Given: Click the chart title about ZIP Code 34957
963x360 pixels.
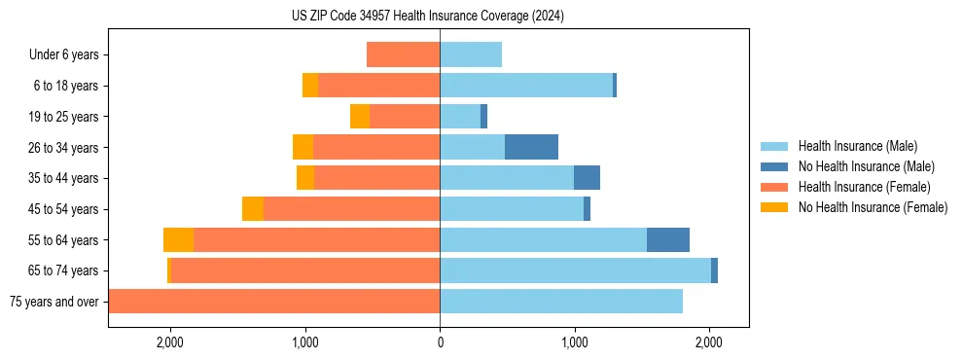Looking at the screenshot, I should coord(427,17).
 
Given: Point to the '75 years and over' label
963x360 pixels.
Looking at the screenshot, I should coord(53,302).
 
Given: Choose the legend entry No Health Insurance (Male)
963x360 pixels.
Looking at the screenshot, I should coord(866,167).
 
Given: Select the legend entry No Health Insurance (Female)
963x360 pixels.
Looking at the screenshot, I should coord(873,207).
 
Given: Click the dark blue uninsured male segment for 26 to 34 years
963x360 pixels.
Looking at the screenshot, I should coord(531,147).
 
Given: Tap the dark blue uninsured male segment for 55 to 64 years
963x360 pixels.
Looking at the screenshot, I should coord(668,239).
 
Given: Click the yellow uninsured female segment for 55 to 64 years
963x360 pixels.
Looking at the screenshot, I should coord(178,239).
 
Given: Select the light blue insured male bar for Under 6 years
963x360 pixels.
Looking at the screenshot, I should coord(471,54).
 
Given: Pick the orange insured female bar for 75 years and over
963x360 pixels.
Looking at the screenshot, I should coord(274,302).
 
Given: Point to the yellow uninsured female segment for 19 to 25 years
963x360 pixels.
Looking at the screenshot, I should coord(360,117).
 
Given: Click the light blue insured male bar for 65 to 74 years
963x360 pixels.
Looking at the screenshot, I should coord(575,270).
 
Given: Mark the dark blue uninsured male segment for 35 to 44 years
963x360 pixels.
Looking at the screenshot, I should coord(587,178).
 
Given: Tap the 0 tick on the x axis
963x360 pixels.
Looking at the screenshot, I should coord(440,342).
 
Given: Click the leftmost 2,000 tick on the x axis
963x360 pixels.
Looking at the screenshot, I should coord(170,342).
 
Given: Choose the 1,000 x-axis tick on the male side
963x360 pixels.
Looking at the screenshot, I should coord(574,342).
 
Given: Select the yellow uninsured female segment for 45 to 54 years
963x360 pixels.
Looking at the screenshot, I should coord(253,209).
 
